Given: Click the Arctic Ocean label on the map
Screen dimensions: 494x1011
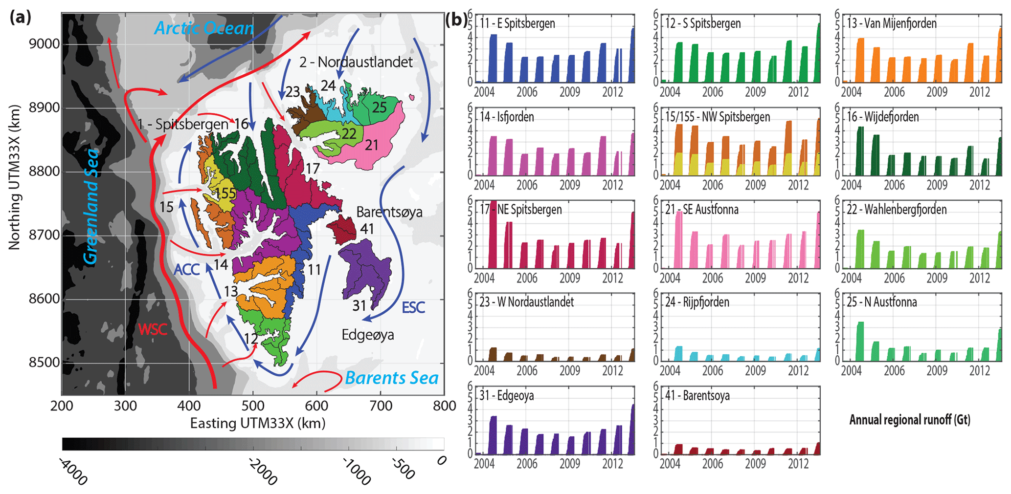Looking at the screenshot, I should (204, 28).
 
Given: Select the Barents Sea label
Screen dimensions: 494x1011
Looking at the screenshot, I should (391, 378).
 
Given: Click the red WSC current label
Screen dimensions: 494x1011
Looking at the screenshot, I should (153, 329).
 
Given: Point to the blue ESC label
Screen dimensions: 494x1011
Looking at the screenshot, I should (413, 307).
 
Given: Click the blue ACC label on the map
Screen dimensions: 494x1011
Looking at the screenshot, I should (186, 269).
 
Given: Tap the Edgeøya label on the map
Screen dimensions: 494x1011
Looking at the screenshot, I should (368, 335).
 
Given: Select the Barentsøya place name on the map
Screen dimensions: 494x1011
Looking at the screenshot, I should (389, 212).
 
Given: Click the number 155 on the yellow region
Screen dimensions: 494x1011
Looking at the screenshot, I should (225, 193).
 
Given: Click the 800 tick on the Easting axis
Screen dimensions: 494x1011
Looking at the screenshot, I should (444, 406).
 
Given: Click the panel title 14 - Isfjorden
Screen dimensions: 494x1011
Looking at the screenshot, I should (507, 117).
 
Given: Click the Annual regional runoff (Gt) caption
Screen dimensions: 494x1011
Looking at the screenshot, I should (909, 420).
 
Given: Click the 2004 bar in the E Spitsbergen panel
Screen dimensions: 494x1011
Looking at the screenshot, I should (493, 59).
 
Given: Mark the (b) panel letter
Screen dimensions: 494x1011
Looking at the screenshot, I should (455, 20).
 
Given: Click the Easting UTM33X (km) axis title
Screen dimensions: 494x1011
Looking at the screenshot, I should (258, 423).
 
